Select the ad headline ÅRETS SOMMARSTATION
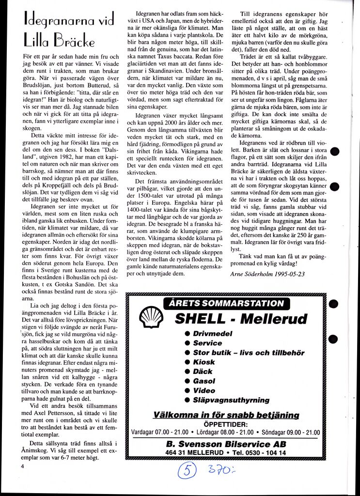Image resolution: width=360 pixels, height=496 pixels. tap(227, 304)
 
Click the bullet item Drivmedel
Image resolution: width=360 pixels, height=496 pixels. tap(212, 333)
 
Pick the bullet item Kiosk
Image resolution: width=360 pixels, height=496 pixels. tap(203, 362)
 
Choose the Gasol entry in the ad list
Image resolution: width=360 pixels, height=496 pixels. tap(204, 381)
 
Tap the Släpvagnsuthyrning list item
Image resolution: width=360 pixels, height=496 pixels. tap(231, 400)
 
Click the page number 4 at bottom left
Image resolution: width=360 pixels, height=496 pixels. tap(22, 466)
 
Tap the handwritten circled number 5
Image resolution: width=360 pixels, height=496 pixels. tap(187, 470)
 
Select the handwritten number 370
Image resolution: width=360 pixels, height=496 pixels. tap(219, 469)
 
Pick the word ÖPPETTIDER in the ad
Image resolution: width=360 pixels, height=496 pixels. tap(225, 423)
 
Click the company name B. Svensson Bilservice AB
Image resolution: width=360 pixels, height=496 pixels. tap(226, 444)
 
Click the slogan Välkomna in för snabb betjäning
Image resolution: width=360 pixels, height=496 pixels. tap(226, 415)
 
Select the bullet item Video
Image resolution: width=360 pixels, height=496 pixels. tap(204, 390)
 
